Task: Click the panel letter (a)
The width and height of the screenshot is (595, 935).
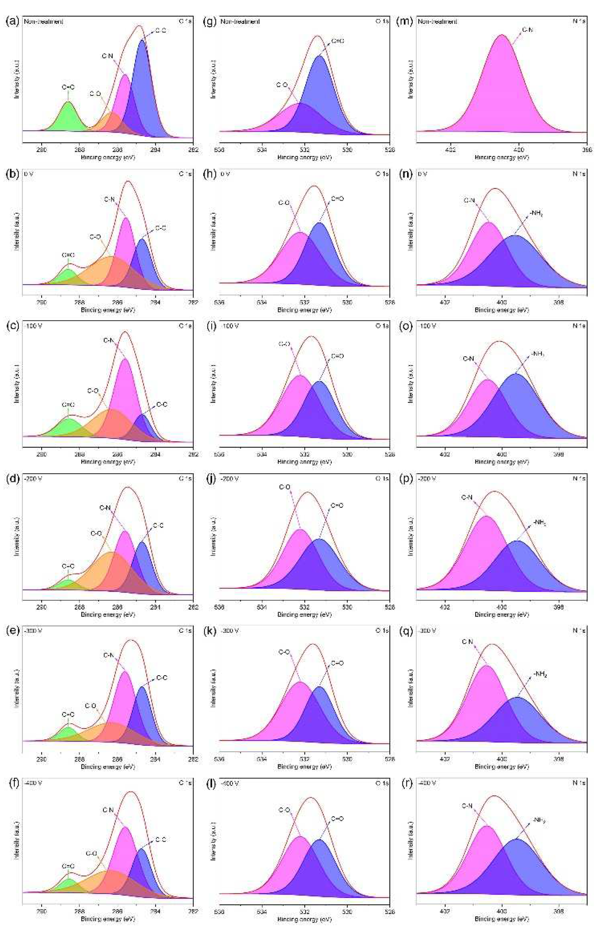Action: [x=12, y=22]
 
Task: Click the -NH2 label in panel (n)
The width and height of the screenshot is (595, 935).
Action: [x=536, y=213]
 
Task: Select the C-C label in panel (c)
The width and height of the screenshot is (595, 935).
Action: [x=162, y=405]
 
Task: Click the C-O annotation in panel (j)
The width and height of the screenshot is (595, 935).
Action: [x=285, y=487]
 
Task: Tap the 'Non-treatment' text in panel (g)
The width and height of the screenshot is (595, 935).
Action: [x=240, y=22]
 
